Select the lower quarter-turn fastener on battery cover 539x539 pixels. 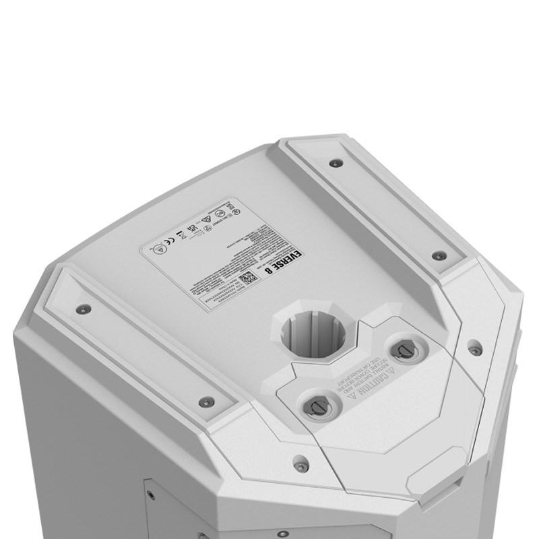tap(317, 405)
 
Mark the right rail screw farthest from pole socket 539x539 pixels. tap(335, 163)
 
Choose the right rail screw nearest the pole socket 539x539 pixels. tap(439, 256)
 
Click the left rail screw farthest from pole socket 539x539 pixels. tap(83, 309)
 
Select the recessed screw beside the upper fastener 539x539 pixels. tap(475, 350)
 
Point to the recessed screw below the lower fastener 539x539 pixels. tap(301, 465)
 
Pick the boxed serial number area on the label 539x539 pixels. tap(222, 293)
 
